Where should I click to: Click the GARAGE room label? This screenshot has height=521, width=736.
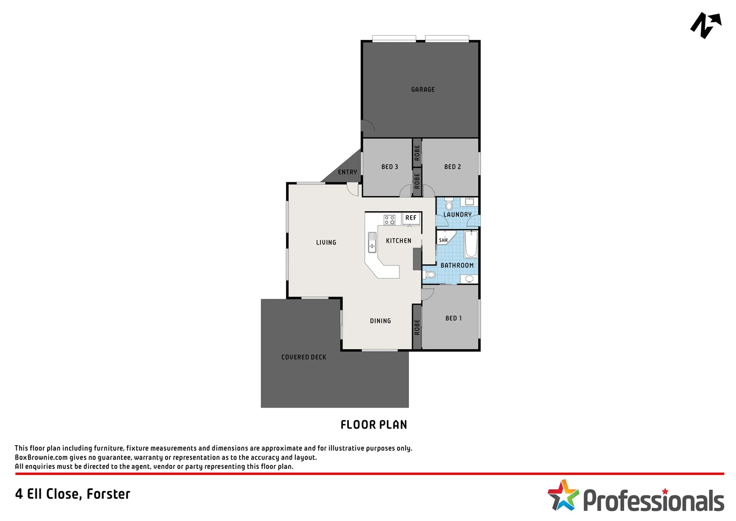pyautogui.click(x=422, y=89)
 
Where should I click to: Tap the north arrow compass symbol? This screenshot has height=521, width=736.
pyautogui.click(x=706, y=25)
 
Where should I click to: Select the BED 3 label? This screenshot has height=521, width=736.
pyautogui.click(x=389, y=166)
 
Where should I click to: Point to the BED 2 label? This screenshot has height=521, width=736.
pyautogui.click(x=452, y=166)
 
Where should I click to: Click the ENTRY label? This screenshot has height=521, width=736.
pyautogui.click(x=347, y=172)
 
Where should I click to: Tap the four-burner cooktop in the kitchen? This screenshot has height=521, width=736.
pyautogui.click(x=389, y=220)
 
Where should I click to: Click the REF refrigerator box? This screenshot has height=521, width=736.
pyautogui.click(x=411, y=218)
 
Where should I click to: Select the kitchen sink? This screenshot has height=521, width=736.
pyautogui.click(x=372, y=242)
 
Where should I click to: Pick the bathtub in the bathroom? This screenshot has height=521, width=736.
pyautogui.click(x=471, y=244)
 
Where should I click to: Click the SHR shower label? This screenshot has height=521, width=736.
pyautogui.click(x=443, y=240)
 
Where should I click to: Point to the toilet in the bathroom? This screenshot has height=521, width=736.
pyautogui.click(x=430, y=274)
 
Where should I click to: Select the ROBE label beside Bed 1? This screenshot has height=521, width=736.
pyautogui.click(x=417, y=327)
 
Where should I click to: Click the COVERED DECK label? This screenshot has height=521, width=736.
pyautogui.click(x=303, y=357)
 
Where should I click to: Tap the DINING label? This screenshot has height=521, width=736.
pyautogui.click(x=380, y=320)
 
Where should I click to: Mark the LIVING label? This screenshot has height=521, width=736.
pyautogui.click(x=326, y=242)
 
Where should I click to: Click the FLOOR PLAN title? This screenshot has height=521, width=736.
pyautogui.click(x=373, y=425)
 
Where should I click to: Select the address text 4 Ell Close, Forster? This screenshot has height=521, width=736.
pyautogui.click(x=73, y=494)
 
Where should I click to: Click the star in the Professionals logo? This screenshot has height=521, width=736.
pyautogui.click(x=562, y=495)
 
